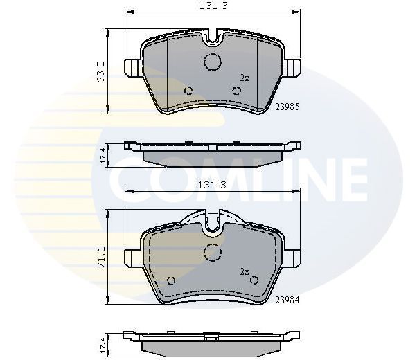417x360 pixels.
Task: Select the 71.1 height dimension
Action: click(x=102, y=257)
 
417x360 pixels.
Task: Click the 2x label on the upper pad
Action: click(x=244, y=78)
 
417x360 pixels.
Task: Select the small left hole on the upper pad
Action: click(x=188, y=90)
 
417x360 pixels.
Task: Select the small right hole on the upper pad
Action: click(x=237, y=90)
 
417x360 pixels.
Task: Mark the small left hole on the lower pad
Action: click(x=170, y=280)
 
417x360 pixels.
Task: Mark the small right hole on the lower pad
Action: click(x=254, y=280)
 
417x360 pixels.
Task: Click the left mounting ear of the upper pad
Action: click(x=131, y=67)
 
